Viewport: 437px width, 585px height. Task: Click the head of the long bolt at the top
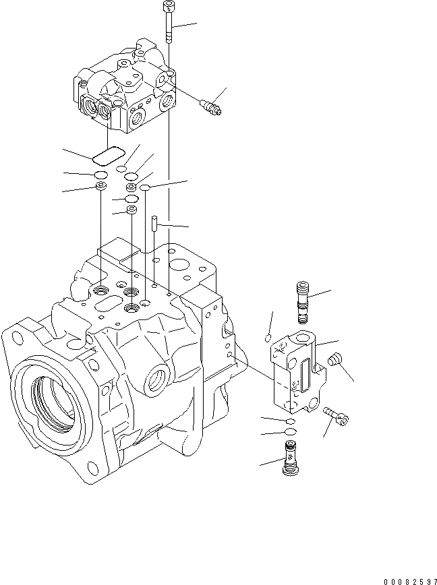tap(167, 7)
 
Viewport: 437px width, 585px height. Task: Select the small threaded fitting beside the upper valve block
tap(211, 106)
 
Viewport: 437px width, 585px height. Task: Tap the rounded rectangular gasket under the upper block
tap(108, 156)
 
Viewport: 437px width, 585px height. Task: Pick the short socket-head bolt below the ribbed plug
tap(337, 415)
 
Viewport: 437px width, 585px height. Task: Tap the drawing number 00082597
tap(410, 580)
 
